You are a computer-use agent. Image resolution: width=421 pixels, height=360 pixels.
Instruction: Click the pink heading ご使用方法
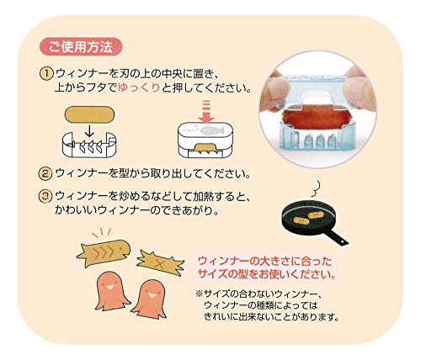[81, 46]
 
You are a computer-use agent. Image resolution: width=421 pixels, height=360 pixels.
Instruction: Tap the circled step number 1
[46, 74]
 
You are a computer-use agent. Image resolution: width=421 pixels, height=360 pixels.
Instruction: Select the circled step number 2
[45, 173]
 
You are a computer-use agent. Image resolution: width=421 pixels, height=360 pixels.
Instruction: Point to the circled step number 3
[45, 196]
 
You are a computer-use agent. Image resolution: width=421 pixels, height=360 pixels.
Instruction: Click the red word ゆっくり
[139, 88]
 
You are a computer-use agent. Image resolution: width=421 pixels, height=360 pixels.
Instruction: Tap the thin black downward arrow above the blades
[89, 130]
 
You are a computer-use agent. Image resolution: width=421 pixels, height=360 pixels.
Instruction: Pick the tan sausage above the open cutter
[90, 114]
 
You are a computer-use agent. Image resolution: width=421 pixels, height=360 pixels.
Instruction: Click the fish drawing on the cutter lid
[210, 130]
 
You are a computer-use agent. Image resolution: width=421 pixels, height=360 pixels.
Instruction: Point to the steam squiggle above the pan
[316, 188]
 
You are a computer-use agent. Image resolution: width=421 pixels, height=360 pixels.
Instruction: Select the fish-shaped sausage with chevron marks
[104, 252]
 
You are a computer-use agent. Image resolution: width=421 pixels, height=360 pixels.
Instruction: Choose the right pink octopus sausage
[150, 299]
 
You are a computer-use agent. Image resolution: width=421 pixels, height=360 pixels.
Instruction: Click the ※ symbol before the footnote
[199, 294]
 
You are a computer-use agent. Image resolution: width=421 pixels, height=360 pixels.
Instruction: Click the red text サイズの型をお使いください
[267, 274]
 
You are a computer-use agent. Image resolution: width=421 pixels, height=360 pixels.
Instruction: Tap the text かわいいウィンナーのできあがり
[136, 210]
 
